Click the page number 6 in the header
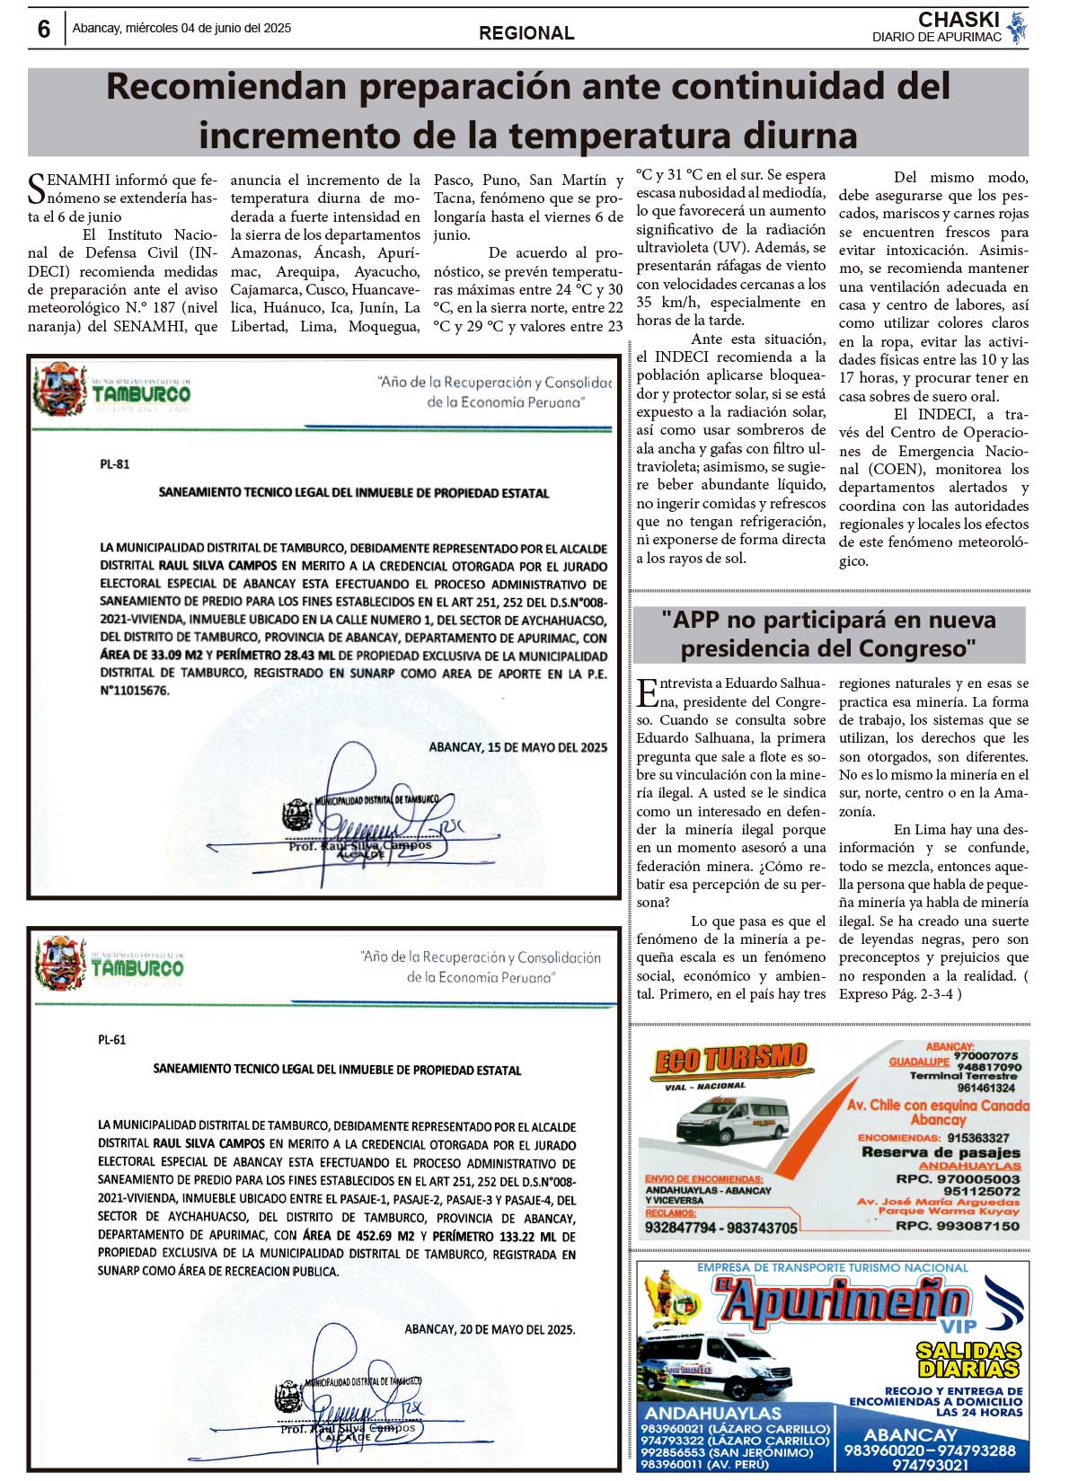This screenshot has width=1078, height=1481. tap(43, 29)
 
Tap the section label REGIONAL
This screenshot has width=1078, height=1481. tap(526, 33)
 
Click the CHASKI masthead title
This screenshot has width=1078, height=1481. tap(959, 20)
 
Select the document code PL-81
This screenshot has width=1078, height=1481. tap(115, 464)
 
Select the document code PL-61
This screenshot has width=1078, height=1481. tap(112, 1040)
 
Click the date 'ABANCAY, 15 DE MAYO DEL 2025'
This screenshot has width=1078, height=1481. tap(518, 747)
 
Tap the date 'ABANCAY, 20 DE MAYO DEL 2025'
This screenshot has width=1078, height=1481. tap(490, 1329)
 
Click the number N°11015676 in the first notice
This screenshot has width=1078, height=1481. tap(135, 691)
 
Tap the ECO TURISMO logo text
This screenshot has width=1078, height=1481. tap(731, 1061)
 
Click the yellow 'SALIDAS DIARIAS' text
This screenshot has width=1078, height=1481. tap(968, 1360)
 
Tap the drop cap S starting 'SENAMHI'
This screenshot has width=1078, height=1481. tap(36, 189)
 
